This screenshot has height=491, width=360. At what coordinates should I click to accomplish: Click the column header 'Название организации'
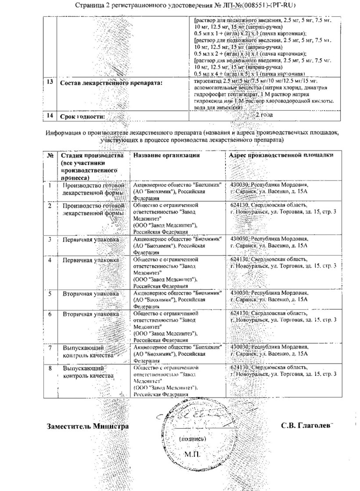pyautogui.click(x=166, y=155)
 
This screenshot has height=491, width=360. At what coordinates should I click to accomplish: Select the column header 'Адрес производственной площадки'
pyautogui.click(x=281, y=155)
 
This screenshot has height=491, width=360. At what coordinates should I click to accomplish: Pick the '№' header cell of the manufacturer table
pyautogui.click(x=50, y=155)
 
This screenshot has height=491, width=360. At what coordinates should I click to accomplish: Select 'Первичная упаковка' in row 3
pyautogui.click(x=90, y=239)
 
